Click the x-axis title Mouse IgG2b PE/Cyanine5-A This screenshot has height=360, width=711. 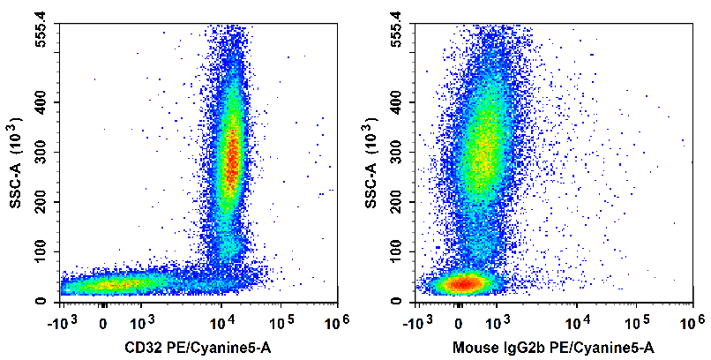[x=552, y=348]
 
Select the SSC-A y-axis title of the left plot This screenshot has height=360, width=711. [x=15, y=163]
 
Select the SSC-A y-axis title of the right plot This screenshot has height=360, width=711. [x=371, y=163]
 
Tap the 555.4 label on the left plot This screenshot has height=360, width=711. [x=41, y=30]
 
